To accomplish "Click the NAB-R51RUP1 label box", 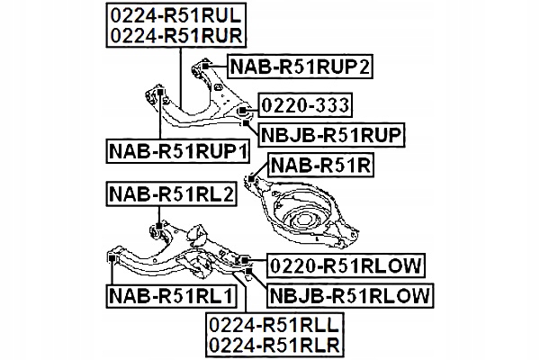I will [176, 150].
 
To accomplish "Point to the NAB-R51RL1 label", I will [169, 294].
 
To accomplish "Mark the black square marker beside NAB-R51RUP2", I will [206, 65].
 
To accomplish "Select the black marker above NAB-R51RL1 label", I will [113, 259].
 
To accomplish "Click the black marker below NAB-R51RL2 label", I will [158, 225].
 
